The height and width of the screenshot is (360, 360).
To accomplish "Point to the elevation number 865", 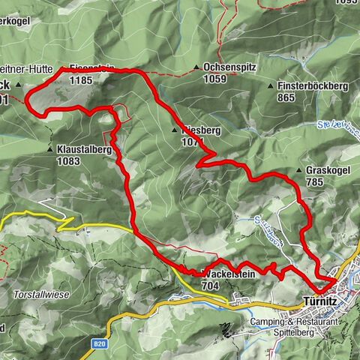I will point(286,97).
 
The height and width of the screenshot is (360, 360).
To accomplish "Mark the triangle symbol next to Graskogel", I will point(300,171).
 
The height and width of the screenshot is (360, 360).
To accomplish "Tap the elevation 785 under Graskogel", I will point(315,181).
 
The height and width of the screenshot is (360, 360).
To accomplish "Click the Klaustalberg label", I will point(84,149).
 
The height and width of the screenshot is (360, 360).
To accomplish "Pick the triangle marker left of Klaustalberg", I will point(50,150).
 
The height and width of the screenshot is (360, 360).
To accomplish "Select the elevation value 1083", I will point(68,160).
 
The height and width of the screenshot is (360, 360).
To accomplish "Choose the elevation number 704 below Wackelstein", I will point(210,286).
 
